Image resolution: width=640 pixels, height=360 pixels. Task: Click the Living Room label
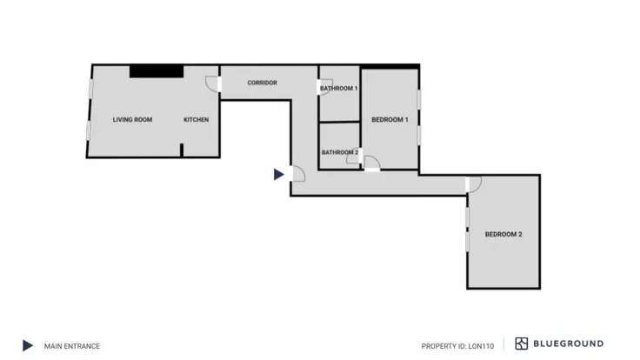click(132, 120)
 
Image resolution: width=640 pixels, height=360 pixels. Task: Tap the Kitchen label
click(196, 120)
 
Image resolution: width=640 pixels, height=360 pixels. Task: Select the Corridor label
click(262, 83)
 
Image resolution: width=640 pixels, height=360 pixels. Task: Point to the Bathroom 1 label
click(339, 88)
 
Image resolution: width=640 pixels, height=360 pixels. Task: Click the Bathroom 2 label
click(340, 152)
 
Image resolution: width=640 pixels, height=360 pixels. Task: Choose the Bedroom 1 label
click(390, 120)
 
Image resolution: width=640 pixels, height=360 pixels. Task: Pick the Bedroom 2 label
click(503, 234)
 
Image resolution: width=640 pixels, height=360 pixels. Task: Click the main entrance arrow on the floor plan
click(278, 174)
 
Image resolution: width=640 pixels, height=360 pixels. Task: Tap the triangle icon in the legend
click(27, 345)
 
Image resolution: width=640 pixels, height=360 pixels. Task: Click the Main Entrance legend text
click(72, 346)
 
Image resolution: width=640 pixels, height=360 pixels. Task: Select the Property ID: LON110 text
click(457, 346)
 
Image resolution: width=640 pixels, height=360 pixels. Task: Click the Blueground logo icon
click(521, 343)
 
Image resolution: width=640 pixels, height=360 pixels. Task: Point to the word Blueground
click(568, 343)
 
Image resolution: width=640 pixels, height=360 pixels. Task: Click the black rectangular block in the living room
click(157, 71)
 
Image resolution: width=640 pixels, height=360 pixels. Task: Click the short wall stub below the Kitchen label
click(182, 150)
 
